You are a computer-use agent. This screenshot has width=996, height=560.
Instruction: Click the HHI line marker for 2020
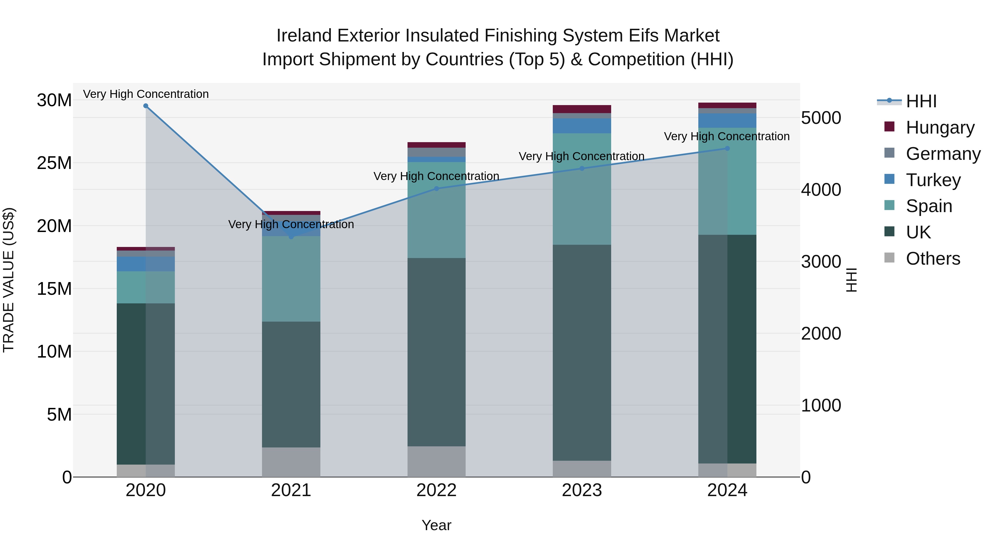pyautogui.click(x=146, y=106)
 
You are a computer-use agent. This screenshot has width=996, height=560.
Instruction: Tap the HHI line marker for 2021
pyautogui.click(x=291, y=236)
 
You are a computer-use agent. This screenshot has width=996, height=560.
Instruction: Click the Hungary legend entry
pyautogui.click(x=940, y=127)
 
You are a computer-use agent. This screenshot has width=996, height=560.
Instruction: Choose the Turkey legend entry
pyautogui.click(x=933, y=180)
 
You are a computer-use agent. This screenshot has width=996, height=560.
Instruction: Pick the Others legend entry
pyautogui.click(x=933, y=259)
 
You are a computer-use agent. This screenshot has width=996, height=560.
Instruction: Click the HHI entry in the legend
pyautogui.click(x=921, y=101)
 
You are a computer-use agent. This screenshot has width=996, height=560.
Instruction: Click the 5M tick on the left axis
pyautogui.click(x=59, y=414)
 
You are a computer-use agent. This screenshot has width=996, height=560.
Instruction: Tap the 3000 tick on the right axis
pyautogui.click(x=821, y=262)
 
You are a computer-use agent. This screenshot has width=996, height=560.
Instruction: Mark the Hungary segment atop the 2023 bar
pyautogui.click(x=582, y=109)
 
